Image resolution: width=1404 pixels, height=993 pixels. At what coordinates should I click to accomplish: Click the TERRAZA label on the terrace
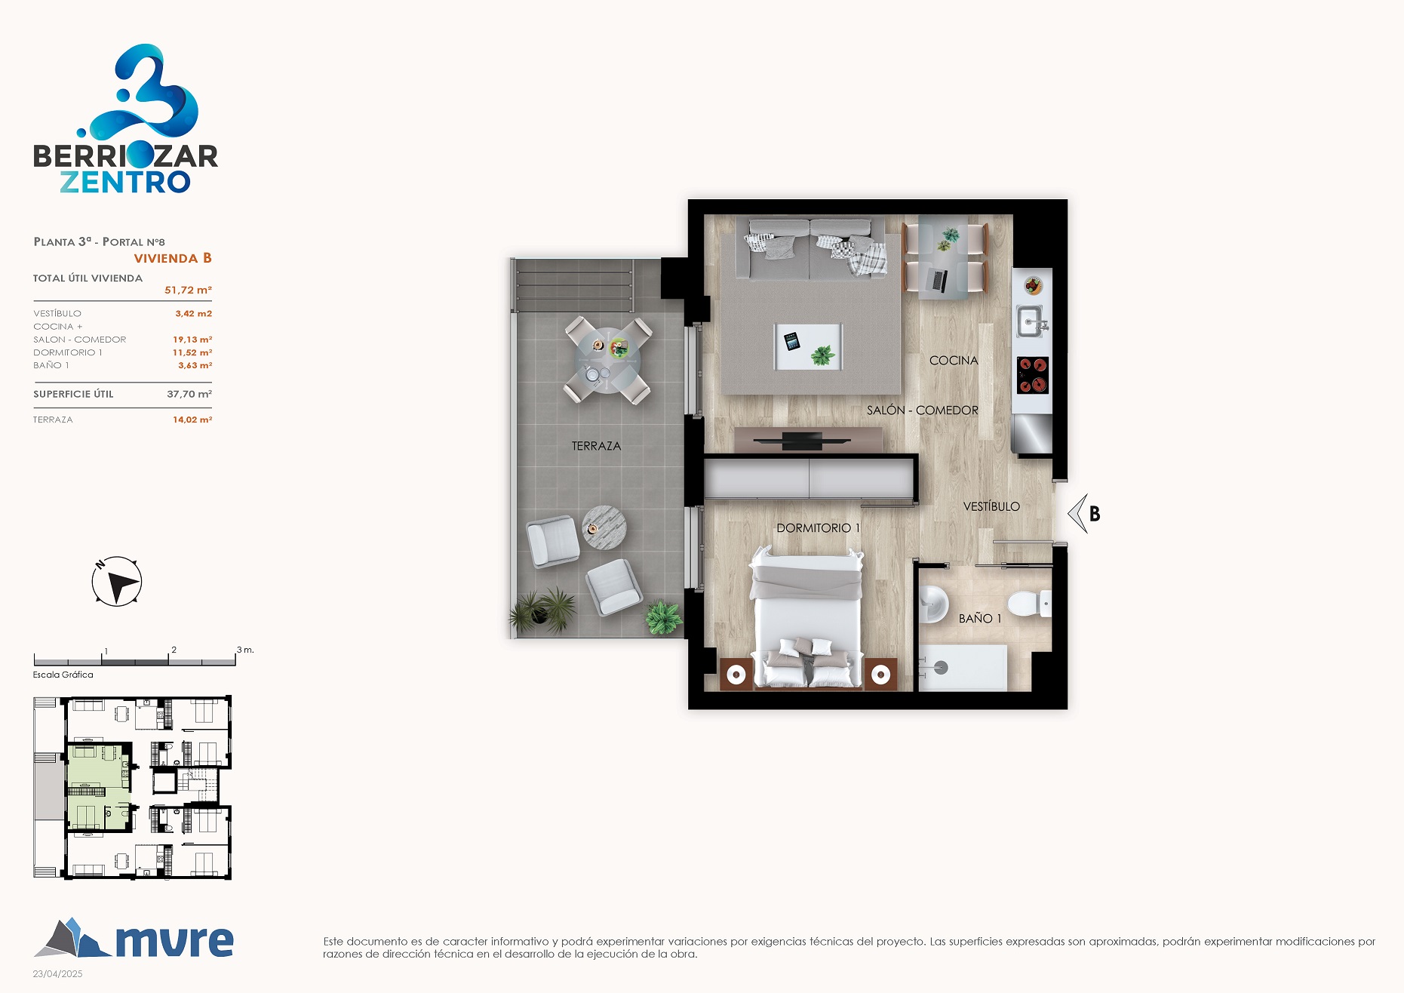click(596, 446)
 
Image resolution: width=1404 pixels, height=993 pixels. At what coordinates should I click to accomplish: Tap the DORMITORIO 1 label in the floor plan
click(819, 528)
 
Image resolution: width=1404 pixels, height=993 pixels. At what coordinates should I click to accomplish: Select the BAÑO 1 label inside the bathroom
click(980, 618)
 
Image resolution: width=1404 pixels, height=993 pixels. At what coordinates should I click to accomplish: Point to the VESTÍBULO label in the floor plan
click(991, 506)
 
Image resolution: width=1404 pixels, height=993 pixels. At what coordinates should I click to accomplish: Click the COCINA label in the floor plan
click(954, 361)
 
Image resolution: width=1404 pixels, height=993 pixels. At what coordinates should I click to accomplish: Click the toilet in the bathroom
click(1029, 604)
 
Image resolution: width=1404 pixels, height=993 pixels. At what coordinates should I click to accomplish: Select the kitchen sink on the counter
click(1031, 322)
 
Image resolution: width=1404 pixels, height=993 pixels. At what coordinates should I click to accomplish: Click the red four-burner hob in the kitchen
click(1033, 375)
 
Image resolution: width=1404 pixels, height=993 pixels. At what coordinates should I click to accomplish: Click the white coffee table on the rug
click(808, 347)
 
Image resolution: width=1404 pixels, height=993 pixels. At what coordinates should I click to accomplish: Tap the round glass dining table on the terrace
click(608, 361)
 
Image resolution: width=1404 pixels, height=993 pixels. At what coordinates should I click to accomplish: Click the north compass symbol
click(117, 582)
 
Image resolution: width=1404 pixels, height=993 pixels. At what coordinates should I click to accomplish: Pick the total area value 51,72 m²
click(188, 291)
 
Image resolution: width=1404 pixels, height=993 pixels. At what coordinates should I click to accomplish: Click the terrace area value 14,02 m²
click(192, 420)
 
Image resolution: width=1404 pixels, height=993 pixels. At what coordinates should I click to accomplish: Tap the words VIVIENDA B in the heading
click(173, 258)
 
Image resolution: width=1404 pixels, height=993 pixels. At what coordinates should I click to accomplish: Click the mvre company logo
click(134, 938)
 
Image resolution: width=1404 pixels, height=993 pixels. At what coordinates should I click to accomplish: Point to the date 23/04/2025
click(57, 974)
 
